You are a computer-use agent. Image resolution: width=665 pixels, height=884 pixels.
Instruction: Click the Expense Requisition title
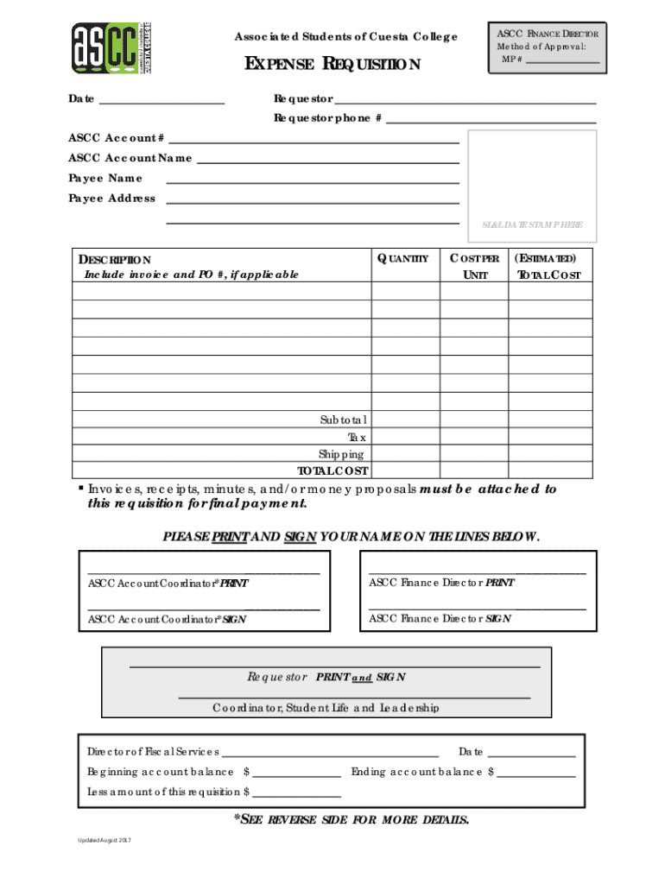coord(333,65)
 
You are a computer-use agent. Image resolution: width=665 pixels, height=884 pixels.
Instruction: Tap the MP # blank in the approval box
coord(562,60)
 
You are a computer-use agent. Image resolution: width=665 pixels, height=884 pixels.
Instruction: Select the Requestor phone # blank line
coord(491,119)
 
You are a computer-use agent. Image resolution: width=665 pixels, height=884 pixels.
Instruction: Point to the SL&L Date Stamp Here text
coord(532,224)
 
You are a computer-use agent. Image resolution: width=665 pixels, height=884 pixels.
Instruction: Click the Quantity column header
coord(402,258)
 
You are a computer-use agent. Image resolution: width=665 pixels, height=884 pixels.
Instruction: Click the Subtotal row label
coord(344,420)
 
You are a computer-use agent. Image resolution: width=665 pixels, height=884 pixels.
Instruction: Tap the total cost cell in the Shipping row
coord(550,454)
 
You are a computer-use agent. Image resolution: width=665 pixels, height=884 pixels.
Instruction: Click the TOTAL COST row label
coord(332,471)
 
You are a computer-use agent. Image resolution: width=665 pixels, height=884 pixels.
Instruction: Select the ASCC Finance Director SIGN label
coord(440,619)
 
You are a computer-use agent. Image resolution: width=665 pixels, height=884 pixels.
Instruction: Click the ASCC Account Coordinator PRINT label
coord(168,584)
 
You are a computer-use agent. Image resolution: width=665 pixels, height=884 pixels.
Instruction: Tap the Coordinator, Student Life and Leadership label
coord(326,708)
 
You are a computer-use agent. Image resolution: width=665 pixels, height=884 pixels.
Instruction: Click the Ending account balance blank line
coord(535,772)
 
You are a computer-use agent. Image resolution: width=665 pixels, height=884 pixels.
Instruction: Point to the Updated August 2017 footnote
coord(102,841)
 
